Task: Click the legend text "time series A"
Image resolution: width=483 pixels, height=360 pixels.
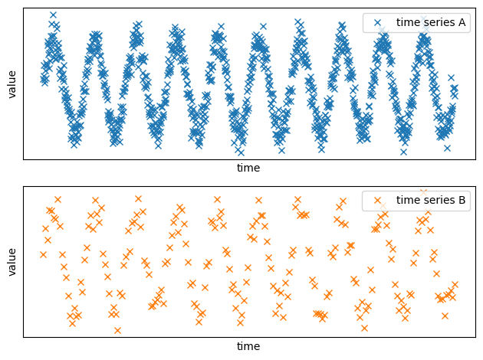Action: (x=431, y=22)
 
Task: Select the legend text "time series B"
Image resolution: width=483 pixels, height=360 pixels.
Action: (x=431, y=201)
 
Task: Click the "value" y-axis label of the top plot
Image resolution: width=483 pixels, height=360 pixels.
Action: (x=12, y=83)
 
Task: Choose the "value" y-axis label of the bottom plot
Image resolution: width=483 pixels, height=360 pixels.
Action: (x=12, y=261)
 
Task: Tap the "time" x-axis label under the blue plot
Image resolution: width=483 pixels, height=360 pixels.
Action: (x=248, y=168)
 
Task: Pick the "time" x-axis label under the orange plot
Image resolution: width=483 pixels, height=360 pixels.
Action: (x=248, y=346)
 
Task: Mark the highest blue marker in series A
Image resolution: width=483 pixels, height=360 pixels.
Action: (x=53, y=15)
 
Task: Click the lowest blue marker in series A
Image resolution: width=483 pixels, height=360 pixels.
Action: (x=404, y=152)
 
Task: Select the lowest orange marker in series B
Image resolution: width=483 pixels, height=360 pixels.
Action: (x=117, y=330)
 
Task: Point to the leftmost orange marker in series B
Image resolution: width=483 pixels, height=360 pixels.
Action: (x=43, y=254)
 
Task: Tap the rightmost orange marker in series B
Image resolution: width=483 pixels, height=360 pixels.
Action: (x=455, y=285)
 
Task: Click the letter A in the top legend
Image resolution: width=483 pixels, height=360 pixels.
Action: (x=462, y=22)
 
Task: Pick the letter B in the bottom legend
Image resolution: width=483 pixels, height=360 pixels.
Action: (x=462, y=201)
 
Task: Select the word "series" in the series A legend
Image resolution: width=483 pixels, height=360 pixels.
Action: (x=438, y=22)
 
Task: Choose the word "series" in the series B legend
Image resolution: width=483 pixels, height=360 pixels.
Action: (x=438, y=201)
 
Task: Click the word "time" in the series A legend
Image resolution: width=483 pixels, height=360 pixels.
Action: (x=407, y=22)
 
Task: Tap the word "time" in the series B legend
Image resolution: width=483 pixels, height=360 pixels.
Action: (x=407, y=201)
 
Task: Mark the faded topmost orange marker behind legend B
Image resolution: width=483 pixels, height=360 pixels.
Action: (x=423, y=192)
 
